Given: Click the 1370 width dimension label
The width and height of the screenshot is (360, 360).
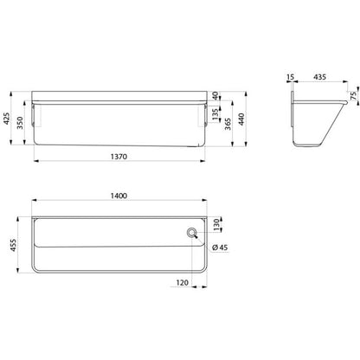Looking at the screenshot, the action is click(119, 157).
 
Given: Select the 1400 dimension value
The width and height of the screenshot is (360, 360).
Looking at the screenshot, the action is click(119, 196).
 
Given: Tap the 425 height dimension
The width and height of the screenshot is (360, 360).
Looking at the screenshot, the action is click(6, 119).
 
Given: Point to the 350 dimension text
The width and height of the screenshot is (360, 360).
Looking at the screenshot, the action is click(20, 123).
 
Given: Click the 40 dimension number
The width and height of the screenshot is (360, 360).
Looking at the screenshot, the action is click(215, 96).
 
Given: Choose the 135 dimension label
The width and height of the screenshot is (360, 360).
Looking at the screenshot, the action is click(215, 115).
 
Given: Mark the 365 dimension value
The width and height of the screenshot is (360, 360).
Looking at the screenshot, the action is click(228, 124).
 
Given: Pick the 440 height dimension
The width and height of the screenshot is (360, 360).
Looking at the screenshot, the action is click(241, 119).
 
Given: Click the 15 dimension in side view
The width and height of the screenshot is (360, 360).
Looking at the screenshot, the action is click(291, 77).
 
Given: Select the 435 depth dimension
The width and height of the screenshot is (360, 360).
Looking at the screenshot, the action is click(320, 77).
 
